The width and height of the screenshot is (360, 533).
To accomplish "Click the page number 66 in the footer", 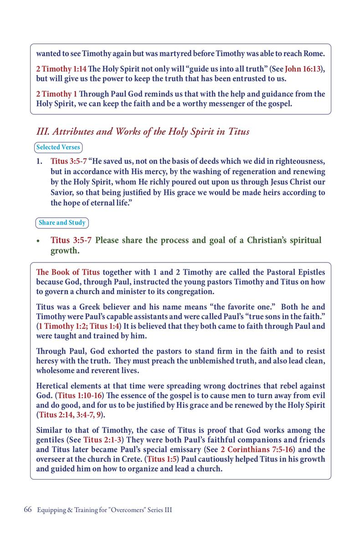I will (x=26, y=510).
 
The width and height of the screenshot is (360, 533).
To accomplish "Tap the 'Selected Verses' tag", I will (x=58, y=147).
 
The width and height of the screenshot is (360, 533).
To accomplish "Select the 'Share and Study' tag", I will (x=62, y=223).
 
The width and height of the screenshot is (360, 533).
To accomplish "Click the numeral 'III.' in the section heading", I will (x=42, y=132).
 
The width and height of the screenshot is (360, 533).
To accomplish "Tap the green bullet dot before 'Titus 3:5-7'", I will (x=40, y=241).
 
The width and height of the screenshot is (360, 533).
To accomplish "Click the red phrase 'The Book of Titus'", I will (x=67, y=273).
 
